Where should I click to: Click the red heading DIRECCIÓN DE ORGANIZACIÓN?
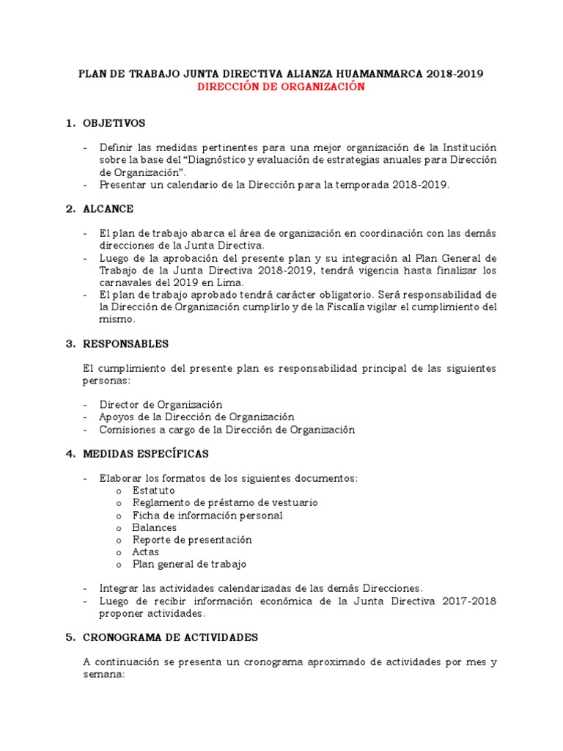pos(281,87)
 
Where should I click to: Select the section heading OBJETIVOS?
pos(114,122)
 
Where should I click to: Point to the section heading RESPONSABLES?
pos(125,343)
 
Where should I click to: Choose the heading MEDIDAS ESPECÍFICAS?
pos(145,453)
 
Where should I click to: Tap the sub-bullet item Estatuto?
pos(153,490)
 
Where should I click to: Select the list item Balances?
pos(154,527)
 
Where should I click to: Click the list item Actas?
pos(145,552)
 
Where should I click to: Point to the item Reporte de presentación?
pos(192,539)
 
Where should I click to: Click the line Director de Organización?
pos(161,404)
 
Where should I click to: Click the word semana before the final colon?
pos(102,674)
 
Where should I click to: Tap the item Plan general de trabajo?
pos(189,564)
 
